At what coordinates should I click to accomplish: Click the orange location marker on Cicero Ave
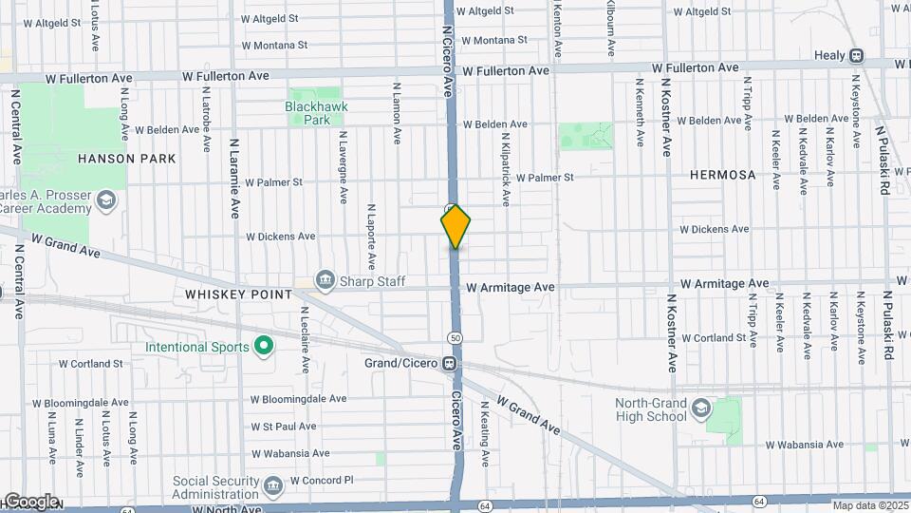(x=455, y=226)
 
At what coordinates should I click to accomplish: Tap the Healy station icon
(x=856, y=56)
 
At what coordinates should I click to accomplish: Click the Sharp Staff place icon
(x=326, y=279)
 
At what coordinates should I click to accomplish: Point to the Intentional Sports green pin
(x=263, y=347)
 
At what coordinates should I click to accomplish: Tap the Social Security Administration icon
(x=273, y=487)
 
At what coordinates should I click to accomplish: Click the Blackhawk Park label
(x=307, y=114)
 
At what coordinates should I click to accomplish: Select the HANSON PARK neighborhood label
(x=127, y=159)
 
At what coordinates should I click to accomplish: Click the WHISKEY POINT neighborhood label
(x=238, y=294)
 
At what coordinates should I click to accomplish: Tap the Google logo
(x=30, y=501)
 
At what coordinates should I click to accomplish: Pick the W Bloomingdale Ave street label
(x=298, y=399)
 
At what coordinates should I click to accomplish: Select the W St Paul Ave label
(x=283, y=427)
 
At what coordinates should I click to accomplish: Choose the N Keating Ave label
(x=484, y=431)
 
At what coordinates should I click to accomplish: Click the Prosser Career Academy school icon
(x=105, y=199)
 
